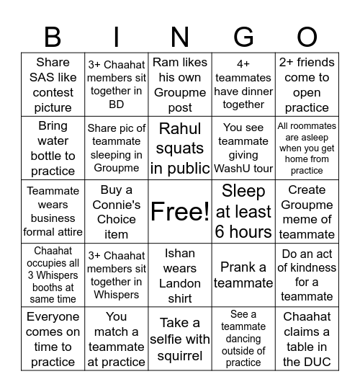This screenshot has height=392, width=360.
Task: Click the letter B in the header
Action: (x=53, y=35)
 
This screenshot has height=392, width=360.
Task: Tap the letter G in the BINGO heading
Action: (x=243, y=35)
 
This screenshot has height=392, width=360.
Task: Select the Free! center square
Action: (x=180, y=212)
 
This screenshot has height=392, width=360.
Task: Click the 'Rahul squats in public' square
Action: (x=180, y=149)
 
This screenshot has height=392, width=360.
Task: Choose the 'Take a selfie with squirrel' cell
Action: (x=180, y=339)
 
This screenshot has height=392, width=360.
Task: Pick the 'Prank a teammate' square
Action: (x=243, y=275)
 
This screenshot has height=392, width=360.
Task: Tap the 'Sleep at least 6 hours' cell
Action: (x=243, y=212)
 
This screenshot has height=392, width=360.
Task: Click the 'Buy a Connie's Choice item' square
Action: (x=117, y=212)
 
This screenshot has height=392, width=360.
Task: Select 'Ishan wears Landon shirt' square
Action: (x=180, y=275)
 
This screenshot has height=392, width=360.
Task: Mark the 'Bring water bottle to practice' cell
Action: (x=53, y=149)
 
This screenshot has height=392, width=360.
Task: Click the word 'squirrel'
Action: (x=180, y=355)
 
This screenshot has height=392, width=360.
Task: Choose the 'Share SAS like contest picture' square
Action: (x=53, y=85)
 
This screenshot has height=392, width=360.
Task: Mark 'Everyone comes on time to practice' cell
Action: (x=53, y=339)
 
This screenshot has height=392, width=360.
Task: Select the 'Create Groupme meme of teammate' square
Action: (x=307, y=212)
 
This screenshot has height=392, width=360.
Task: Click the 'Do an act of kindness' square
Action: (x=307, y=275)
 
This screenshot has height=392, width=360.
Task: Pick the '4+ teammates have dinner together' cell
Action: (x=243, y=85)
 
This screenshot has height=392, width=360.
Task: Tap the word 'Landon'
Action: (x=180, y=284)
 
